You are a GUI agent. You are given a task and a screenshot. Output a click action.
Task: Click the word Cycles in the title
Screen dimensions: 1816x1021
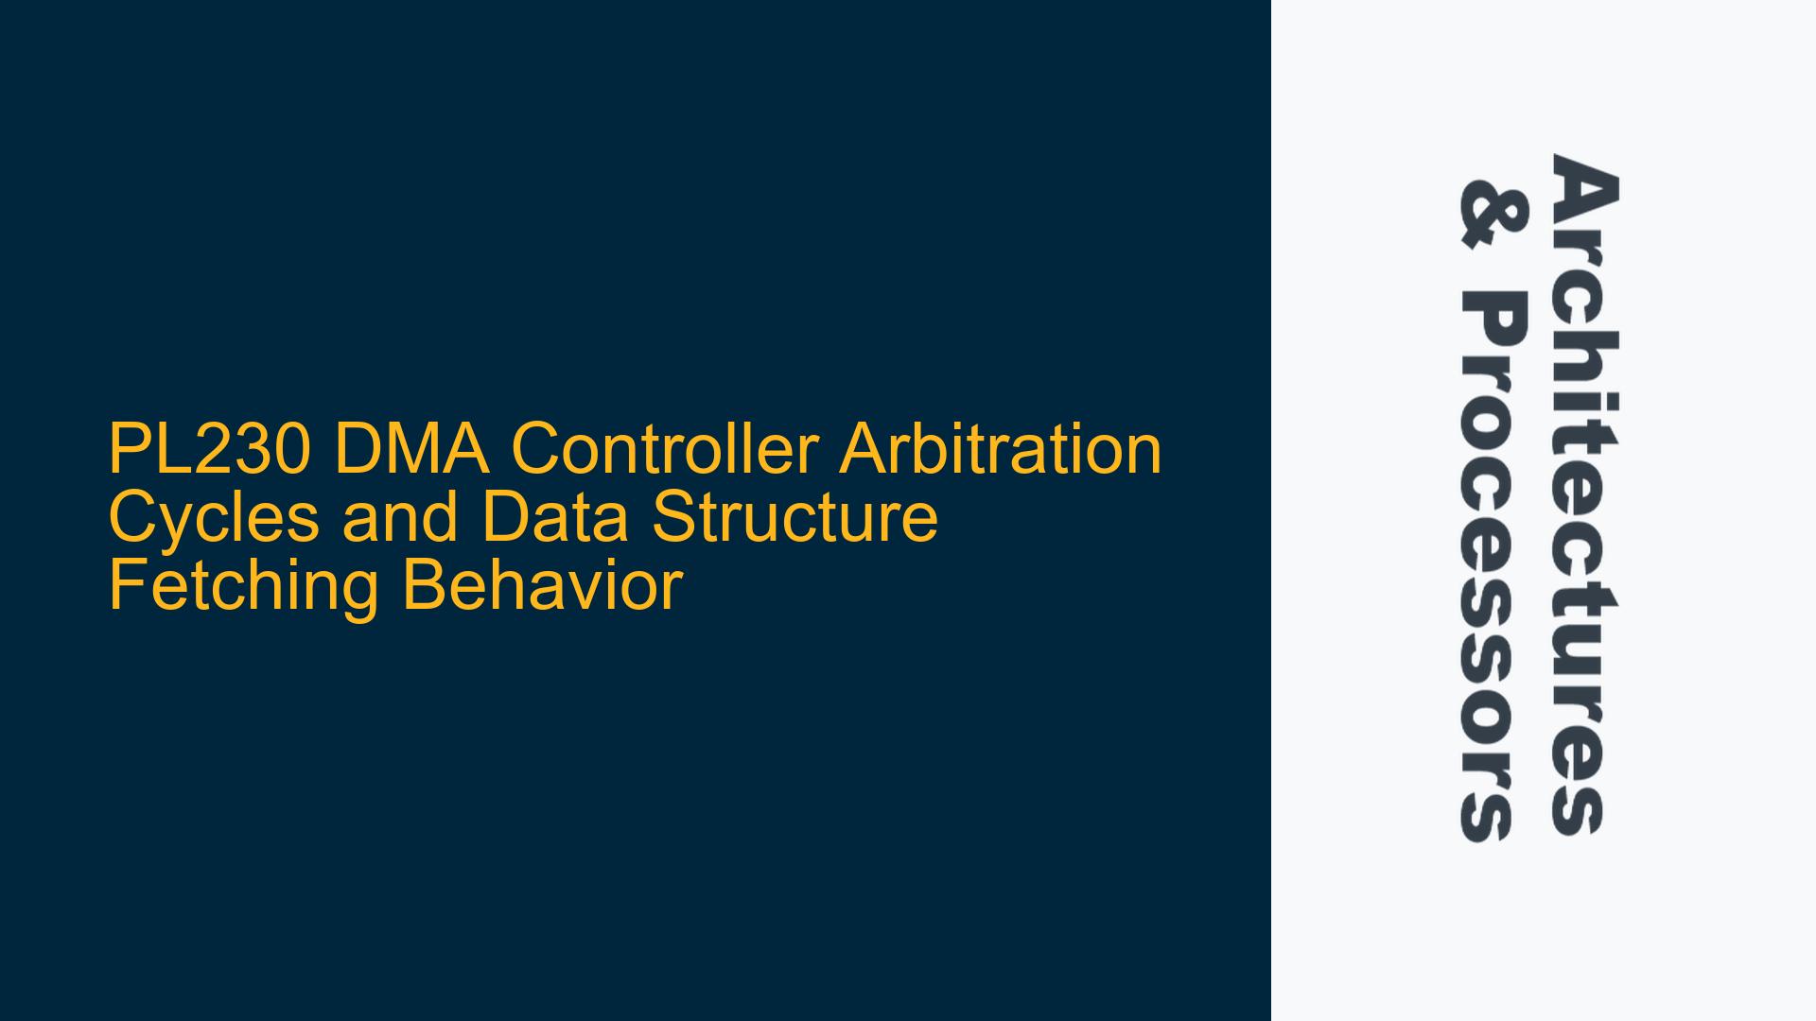click(x=215, y=517)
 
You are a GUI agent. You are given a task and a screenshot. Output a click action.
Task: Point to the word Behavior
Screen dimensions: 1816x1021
click(x=541, y=586)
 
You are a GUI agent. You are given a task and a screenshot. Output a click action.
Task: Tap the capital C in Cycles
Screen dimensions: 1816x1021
click(x=133, y=517)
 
